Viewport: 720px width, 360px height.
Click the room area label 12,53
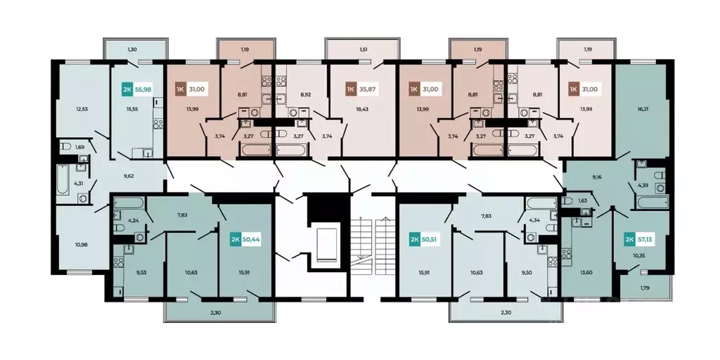point(82,109)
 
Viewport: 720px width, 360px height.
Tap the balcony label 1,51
point(363,50)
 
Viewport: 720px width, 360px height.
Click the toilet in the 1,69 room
point(65,147)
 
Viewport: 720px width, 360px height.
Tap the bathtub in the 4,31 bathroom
point(63,179)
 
